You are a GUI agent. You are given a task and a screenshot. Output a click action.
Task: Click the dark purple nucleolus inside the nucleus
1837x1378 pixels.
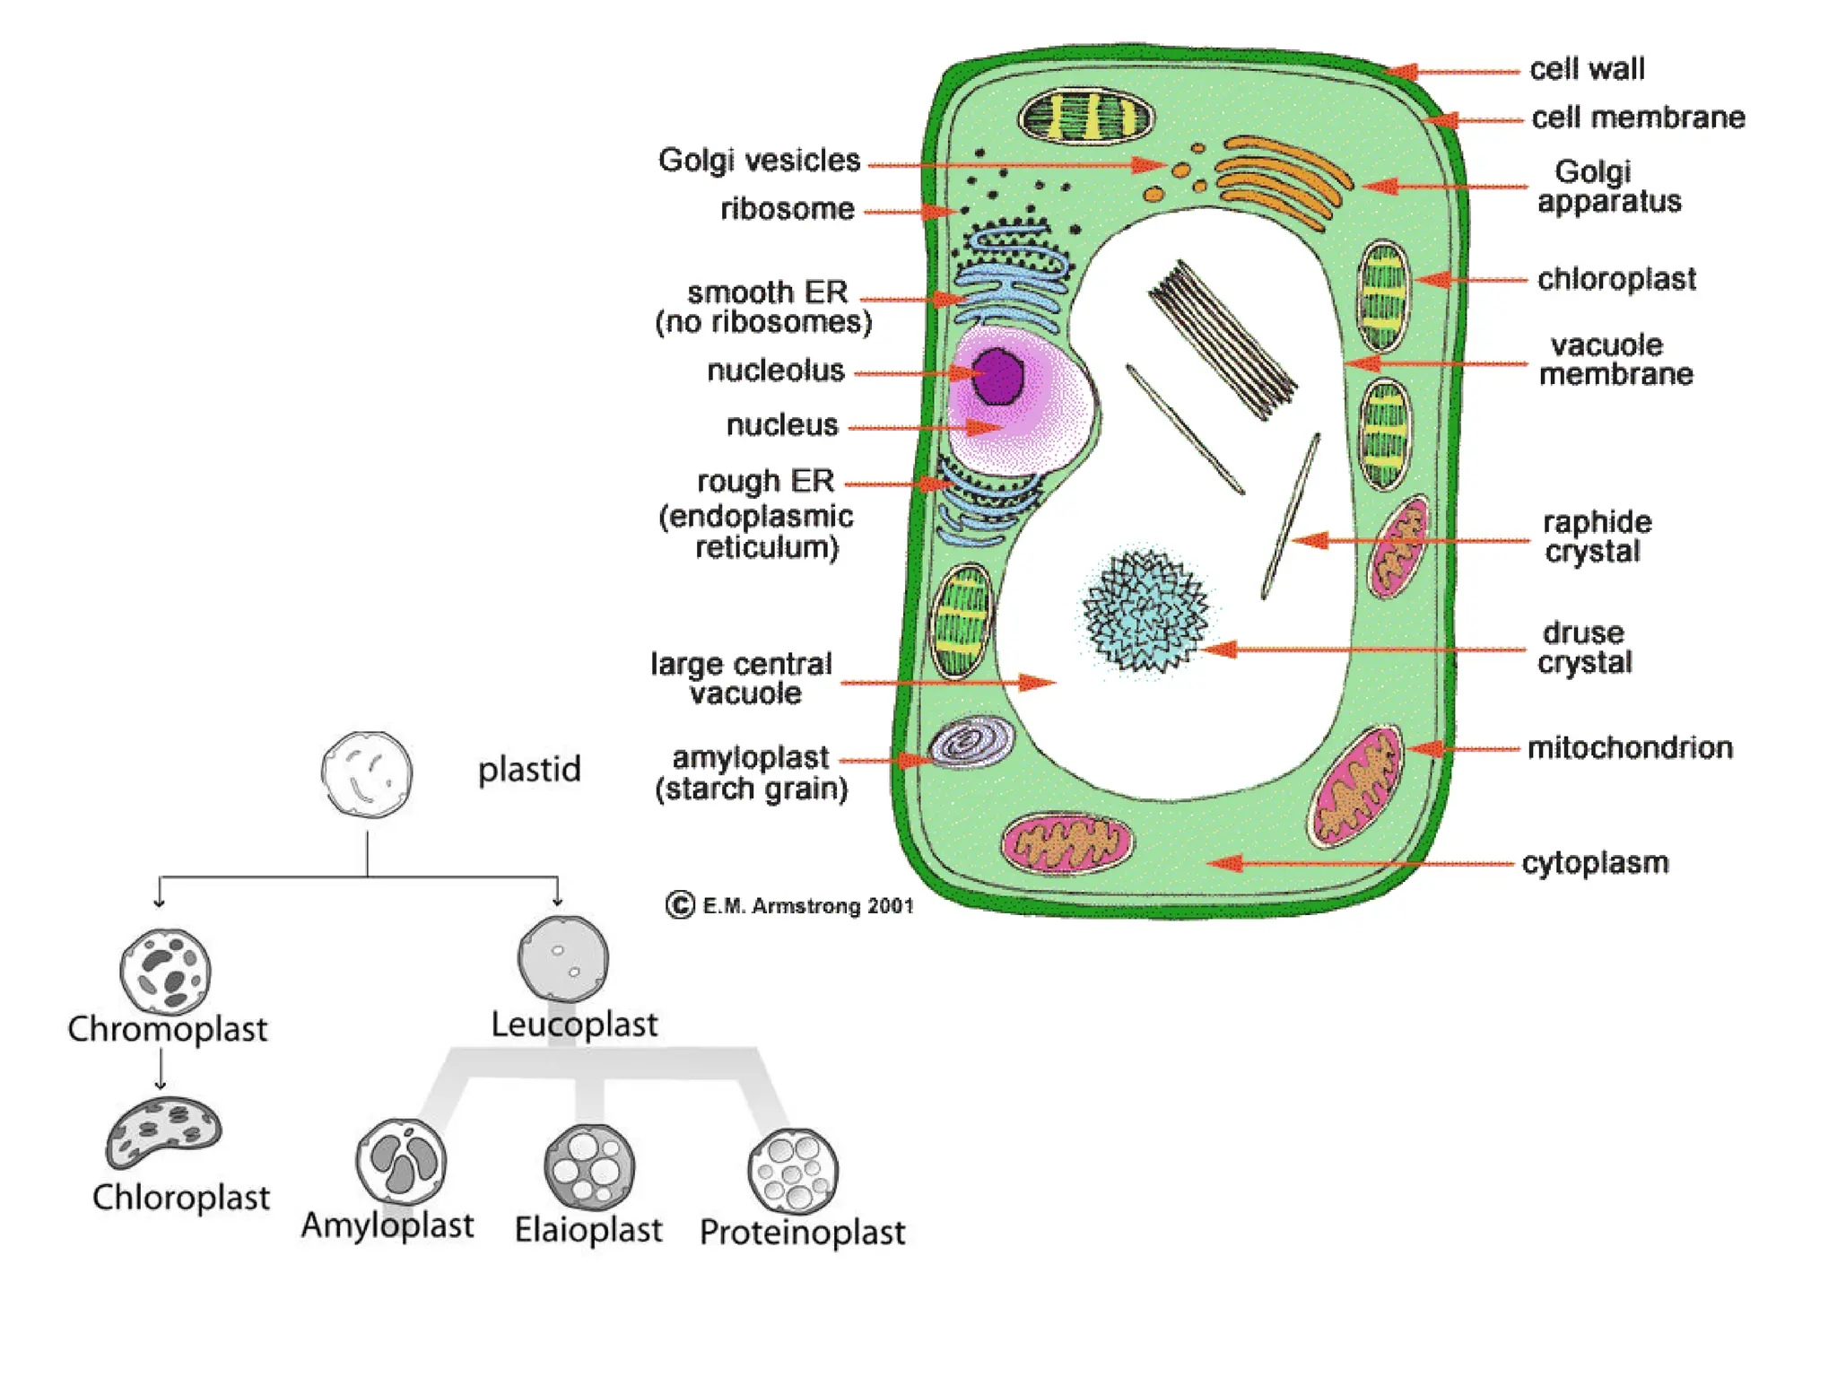[x=997, y=377]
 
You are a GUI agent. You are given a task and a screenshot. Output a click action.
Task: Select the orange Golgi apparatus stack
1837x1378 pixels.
[x=1283, y=179]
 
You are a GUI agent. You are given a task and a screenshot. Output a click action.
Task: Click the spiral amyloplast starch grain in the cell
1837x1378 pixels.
[x=971, y=742]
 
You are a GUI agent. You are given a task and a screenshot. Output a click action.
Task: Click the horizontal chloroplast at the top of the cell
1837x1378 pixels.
[x=1086, y=118]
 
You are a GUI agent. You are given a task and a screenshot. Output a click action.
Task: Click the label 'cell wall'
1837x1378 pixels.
[x=1586, y=69]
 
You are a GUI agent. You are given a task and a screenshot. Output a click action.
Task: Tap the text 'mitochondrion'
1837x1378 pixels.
[x=1629, y=747]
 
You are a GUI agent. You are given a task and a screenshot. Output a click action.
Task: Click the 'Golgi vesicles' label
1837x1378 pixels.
[x=759, y=161]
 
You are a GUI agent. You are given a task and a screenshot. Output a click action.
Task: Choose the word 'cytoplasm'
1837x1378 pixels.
[x=1595, y=863]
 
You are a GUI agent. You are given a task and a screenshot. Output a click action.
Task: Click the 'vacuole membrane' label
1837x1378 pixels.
[x=1615, y=360]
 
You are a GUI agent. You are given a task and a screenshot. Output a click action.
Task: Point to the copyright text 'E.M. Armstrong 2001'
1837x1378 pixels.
[x=807, y=906]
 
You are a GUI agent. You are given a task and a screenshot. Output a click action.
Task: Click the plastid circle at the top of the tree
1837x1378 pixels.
[x=367, y=774]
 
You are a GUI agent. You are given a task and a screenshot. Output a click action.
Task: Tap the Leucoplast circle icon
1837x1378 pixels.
[x=563, y=959]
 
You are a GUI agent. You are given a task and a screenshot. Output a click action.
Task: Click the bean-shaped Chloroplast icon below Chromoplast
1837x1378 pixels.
[x=162, y=1133]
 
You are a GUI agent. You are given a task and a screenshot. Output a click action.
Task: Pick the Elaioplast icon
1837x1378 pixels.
[x=589, y=1167]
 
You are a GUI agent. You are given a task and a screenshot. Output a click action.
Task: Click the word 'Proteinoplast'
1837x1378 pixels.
[x=802, y=1233]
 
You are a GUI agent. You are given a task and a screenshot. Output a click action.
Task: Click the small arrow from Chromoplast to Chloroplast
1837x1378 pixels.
[x=161, y=1068]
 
